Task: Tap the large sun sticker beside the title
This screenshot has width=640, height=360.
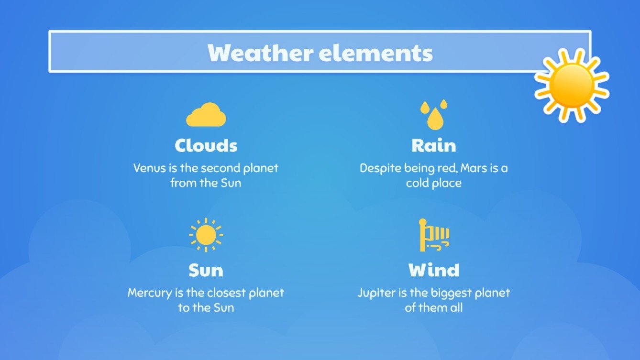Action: (x=571, y=85)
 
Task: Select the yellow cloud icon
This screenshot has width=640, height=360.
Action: (x=206, y=115)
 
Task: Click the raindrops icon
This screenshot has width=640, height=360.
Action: (x=433, y=115)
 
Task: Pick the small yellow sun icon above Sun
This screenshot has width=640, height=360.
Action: (x=206, y=235)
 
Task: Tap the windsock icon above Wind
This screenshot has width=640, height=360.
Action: (x=433, y=235)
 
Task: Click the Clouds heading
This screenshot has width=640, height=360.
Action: (x=206, y=145)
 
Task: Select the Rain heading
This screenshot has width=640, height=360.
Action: (x=434, y=145)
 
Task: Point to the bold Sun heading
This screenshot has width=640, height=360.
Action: (x=206, y=271)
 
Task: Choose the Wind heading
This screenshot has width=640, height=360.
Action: (x=434, y=271)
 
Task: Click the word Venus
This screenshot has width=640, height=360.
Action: (x=147, y=168)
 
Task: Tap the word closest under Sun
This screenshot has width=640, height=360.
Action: (x=221, y=293)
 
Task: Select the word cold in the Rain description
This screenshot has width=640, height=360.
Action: (x=416, y=183)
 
